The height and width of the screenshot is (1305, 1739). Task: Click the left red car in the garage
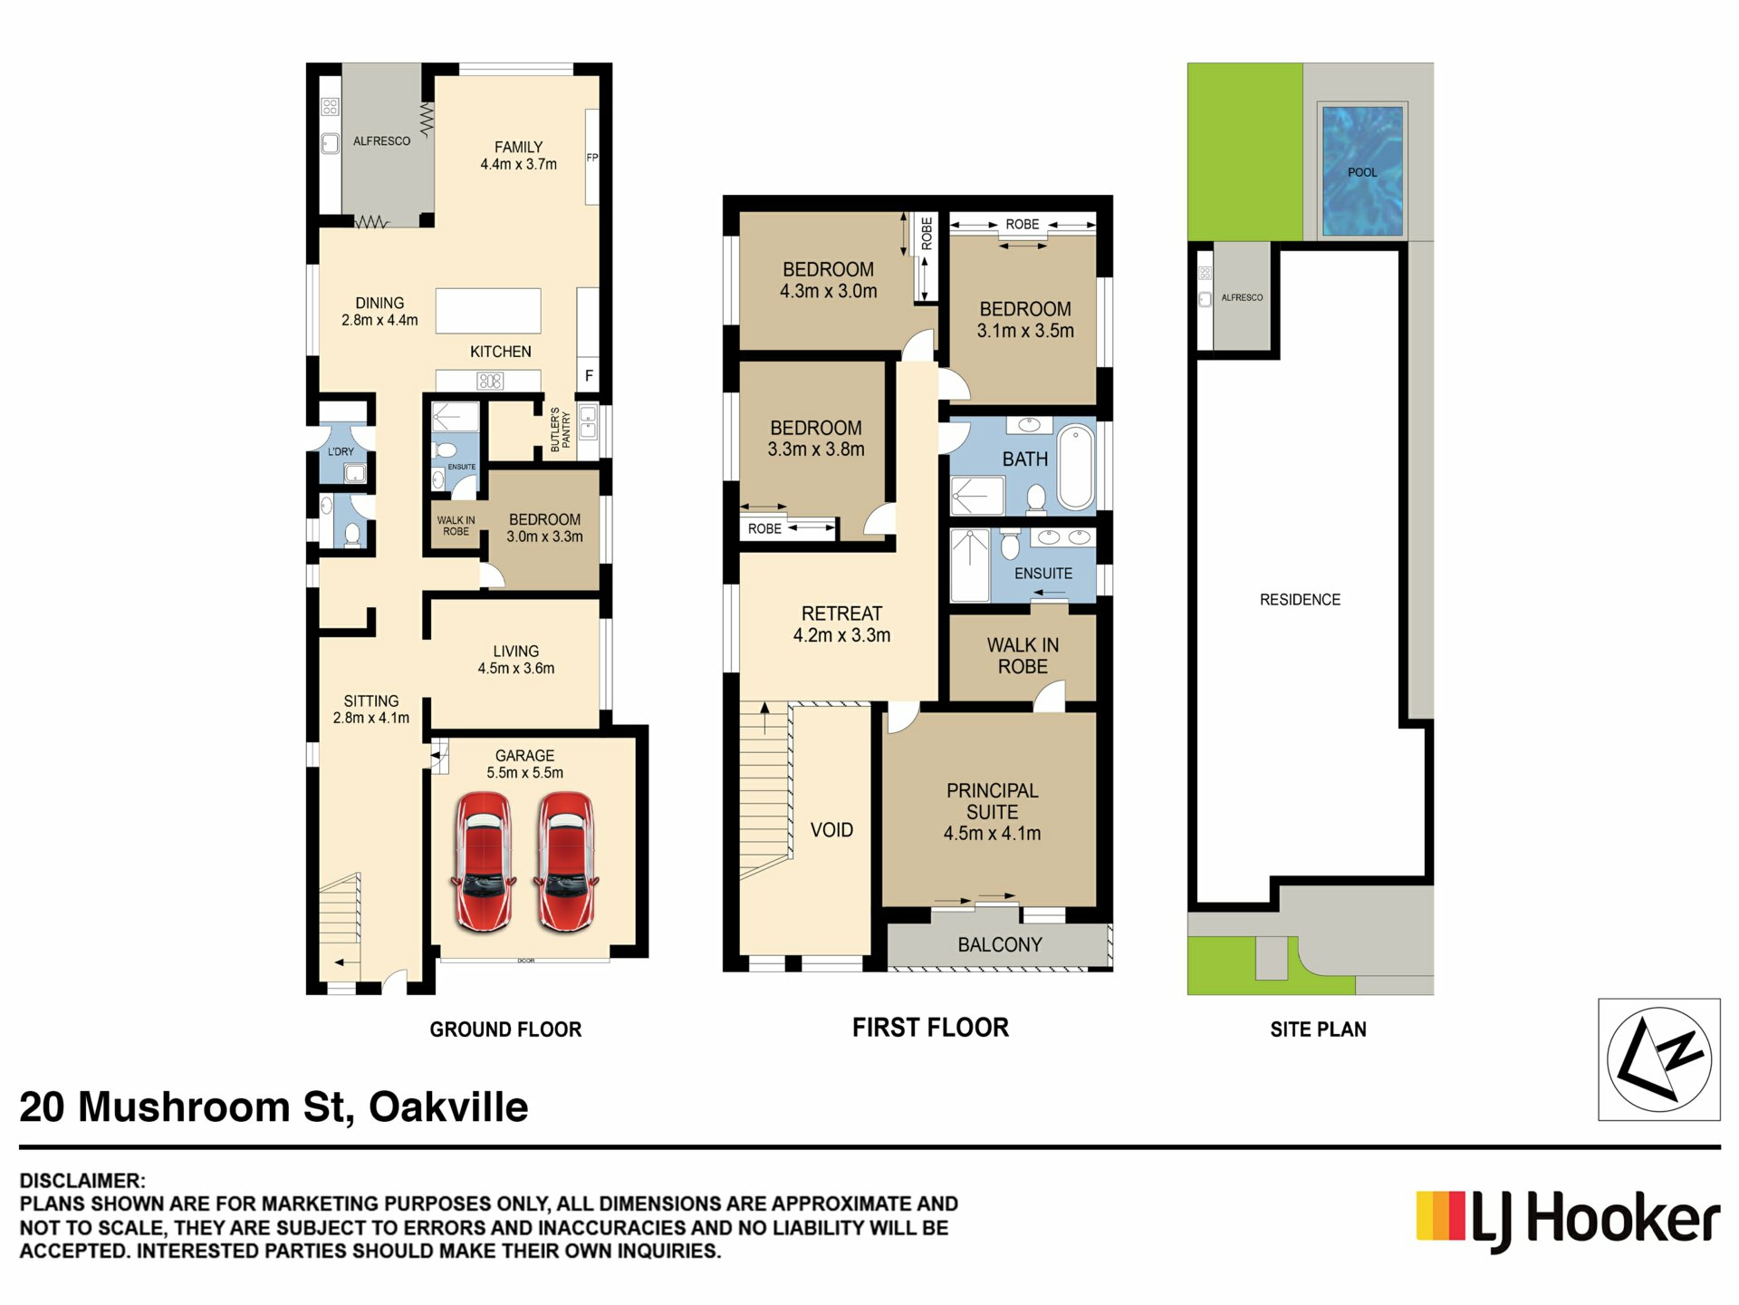click(484, 861)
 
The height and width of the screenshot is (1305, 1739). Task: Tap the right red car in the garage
click(566, 861)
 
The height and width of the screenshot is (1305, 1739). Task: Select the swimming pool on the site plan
click(1362, 171)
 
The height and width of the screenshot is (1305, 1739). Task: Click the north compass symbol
click(1658, 1059)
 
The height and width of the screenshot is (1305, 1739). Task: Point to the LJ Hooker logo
click(1568, 1220)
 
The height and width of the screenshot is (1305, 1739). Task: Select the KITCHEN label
click(500, 352)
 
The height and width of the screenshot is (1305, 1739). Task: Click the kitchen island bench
click(488, 311)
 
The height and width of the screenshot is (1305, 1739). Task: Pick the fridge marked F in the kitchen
click(588, 375)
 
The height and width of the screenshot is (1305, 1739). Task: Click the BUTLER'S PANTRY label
click(561, 430)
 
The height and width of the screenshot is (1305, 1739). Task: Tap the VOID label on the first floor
click(831, 830)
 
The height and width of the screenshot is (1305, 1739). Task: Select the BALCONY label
click(1000, 944)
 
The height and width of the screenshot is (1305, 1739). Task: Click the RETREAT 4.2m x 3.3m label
click(841, 624)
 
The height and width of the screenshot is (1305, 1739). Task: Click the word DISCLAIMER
click(82, 1181)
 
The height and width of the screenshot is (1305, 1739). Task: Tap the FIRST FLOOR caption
click(930, 1028)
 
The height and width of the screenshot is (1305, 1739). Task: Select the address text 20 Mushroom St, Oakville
click(274, 1107)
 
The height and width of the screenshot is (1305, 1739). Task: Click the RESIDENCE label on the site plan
click(1300, 600)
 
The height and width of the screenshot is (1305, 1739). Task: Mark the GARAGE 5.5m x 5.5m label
click(524, 764)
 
